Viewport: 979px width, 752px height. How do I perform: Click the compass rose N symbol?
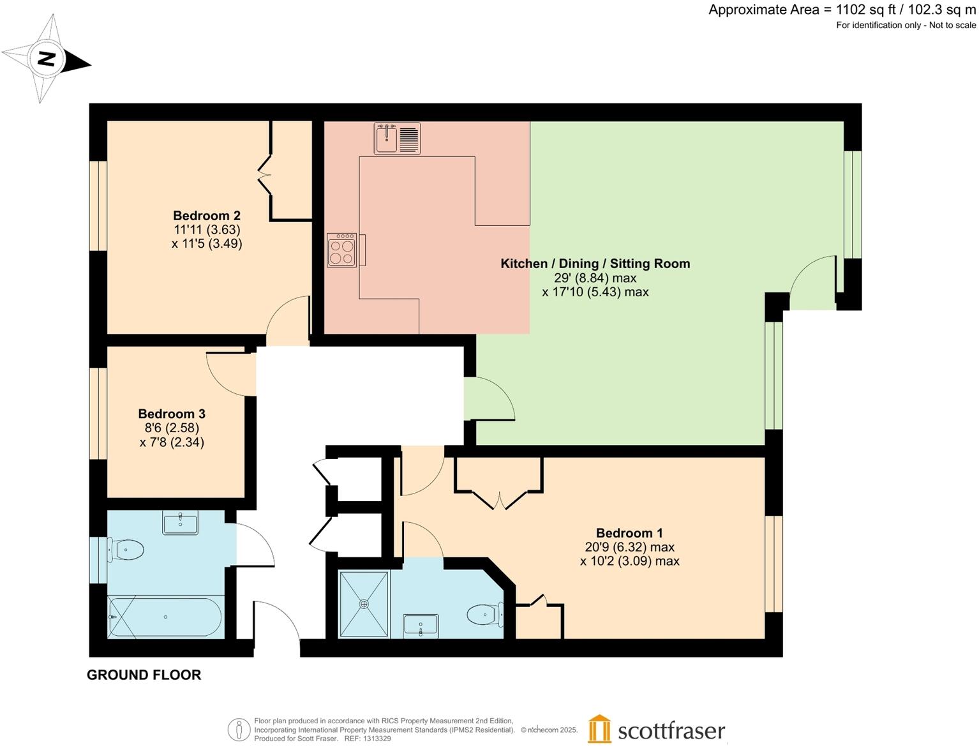(47, 59)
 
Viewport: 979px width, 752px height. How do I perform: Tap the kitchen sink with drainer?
(397, 139)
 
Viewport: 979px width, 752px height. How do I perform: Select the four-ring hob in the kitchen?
(342, 250)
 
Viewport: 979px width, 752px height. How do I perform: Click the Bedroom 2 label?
(206, 216)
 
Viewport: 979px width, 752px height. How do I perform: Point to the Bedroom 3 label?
(172, 414)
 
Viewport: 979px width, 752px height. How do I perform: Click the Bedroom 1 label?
(629, 533)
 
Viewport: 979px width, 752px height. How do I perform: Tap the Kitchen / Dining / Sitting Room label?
(595, 264)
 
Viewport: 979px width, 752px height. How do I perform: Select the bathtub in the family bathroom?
(165, 617)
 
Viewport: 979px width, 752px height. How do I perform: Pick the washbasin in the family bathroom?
(180, 522)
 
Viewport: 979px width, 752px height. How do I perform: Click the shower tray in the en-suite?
(364, 604)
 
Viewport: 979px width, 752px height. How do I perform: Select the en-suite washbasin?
(421, 626)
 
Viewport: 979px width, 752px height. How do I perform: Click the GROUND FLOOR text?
(144, 675)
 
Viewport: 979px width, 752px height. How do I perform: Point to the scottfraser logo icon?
(599, 729)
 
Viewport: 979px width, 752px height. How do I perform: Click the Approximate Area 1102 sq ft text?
(842, 10)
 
